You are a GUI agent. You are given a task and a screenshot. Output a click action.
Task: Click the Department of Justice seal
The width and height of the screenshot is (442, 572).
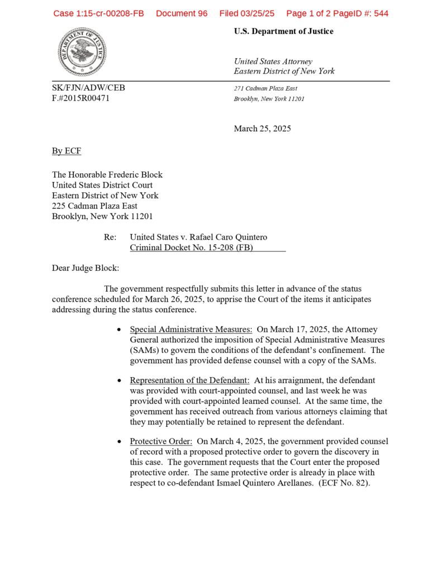(82, 52)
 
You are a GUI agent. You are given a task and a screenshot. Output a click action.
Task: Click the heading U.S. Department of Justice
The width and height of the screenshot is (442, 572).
(283, 31)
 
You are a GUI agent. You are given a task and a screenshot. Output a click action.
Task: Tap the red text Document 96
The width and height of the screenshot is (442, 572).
(182, 13)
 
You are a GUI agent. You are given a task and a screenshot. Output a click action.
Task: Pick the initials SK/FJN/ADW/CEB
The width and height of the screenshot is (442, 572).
(88, 88)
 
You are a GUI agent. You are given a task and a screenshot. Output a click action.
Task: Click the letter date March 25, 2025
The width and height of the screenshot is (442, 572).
(262, 128)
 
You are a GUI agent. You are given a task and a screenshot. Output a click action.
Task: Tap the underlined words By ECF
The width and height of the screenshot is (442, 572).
(66, 151)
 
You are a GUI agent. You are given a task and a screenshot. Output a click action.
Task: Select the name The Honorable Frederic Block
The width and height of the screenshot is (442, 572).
(107, 175)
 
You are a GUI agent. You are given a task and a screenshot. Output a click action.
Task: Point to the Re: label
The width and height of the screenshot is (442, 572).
(110, 237)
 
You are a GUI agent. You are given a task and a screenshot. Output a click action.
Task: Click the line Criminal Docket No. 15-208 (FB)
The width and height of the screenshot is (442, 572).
(191, 247)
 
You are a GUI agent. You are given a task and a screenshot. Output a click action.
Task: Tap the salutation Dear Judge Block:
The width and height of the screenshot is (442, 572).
(85, 268)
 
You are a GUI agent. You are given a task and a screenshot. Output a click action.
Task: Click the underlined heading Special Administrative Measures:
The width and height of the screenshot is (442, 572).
(191, 330)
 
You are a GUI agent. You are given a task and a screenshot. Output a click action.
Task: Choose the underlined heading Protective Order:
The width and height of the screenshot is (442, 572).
(161, 441)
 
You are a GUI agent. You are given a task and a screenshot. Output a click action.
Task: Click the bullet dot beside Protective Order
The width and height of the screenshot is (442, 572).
(119, 442)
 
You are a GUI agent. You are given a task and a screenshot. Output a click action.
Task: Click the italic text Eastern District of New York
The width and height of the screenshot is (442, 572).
(284, 71)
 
